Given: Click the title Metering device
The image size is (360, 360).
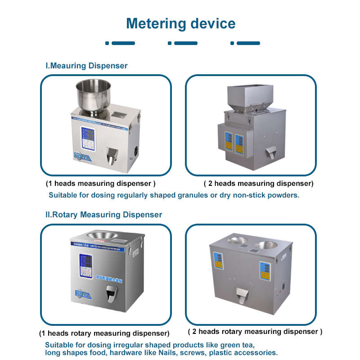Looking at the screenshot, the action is click(x=180, y=23).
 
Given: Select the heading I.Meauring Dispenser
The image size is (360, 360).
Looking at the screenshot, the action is click(x=87, y=66).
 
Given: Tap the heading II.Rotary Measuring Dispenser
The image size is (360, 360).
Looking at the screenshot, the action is click(x=104, y=215).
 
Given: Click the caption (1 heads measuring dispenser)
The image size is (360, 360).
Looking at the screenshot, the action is click(x=101, y=184).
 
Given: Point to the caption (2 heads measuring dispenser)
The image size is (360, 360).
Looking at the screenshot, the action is click(x=258, y=184).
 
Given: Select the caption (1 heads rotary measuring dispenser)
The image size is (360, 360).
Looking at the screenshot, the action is click(x=104, y=333).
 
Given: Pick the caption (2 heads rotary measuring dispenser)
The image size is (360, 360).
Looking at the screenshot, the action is click(x=255, y=332).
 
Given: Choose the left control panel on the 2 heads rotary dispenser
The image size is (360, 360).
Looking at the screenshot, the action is click(x=218, y=261).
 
